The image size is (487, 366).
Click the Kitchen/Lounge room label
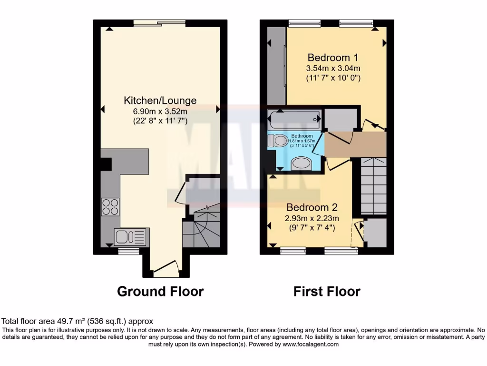click(x=160, y=100)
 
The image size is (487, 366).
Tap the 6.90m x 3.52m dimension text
click(x=160, y=112)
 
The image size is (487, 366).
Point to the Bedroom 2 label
click(x=312, y=207)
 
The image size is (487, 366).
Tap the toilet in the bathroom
click(x=278, y=140)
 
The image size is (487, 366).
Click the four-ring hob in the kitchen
click(x=110, y=206)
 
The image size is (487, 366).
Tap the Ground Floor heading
click(x=160, y=291)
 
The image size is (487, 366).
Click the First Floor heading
click(x=327, y=291)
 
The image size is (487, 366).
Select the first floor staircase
click(x=373, y=186)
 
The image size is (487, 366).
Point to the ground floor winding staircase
click(x=202, y=229)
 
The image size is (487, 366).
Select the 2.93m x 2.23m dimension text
click(x=312, y=218)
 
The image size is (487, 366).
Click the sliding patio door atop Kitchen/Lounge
click(x=159, y=22)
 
